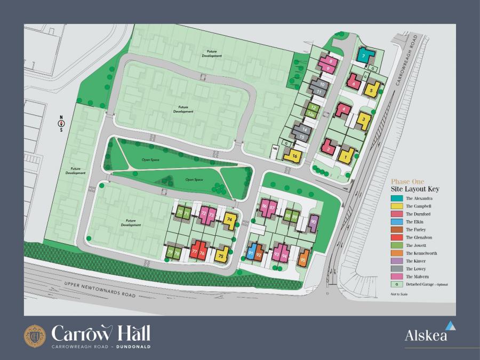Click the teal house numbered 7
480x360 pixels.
(364, 55)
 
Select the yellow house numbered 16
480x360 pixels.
(294, 156)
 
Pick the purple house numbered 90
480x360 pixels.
(314, 222)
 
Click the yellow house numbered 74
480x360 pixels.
(230, 219)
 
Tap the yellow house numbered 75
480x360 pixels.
(221, 255)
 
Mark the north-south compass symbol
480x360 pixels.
(61, 123)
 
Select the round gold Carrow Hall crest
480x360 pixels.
(35, 335)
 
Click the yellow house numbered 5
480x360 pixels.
(372, 89)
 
